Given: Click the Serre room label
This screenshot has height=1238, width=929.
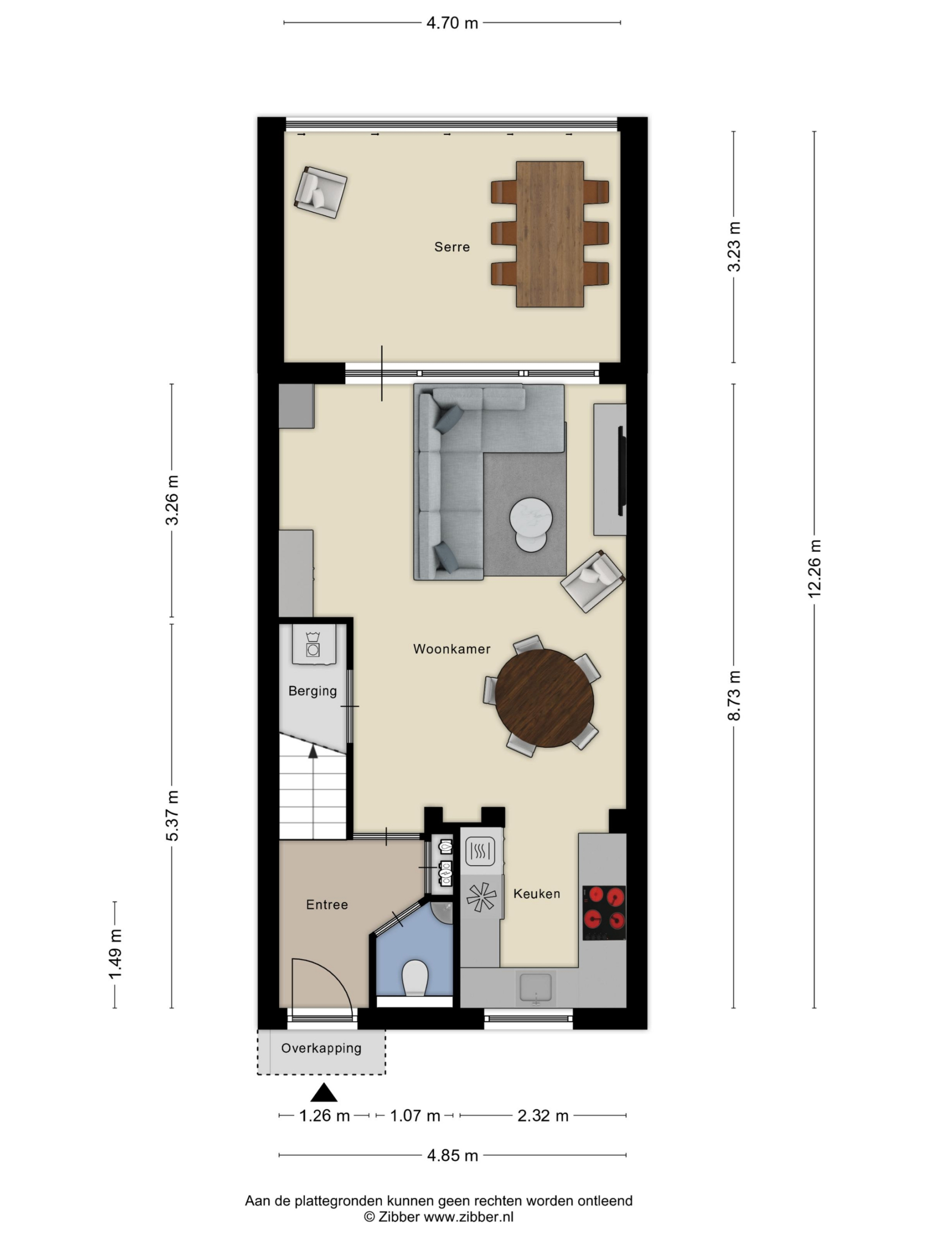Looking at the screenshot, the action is [452, 247].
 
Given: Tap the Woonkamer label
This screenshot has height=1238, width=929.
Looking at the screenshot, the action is [451, 648].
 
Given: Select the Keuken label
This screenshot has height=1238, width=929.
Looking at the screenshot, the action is [537, 894].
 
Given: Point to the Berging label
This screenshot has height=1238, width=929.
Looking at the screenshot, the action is [313, 691].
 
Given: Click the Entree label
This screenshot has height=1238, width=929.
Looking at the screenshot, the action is [327, 905].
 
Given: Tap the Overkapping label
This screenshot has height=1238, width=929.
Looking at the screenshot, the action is [321, 1048].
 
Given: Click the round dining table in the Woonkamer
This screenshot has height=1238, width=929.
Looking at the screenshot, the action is [544, 698].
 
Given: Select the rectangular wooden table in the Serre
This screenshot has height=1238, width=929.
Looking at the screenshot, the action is [550, 234].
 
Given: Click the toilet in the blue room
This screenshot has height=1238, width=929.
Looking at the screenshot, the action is [415, 978].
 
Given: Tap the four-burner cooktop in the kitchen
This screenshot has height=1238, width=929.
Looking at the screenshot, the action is [604, 913].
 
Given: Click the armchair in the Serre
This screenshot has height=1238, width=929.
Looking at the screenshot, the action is [320, 192].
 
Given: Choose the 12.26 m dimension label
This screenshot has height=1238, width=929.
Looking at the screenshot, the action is [814, 569].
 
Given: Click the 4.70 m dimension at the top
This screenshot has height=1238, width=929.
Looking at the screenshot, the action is [452, 23].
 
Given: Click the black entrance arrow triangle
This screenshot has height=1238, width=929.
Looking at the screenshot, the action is [324, 1092].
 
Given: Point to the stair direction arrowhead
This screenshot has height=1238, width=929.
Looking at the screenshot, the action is [313, 752].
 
